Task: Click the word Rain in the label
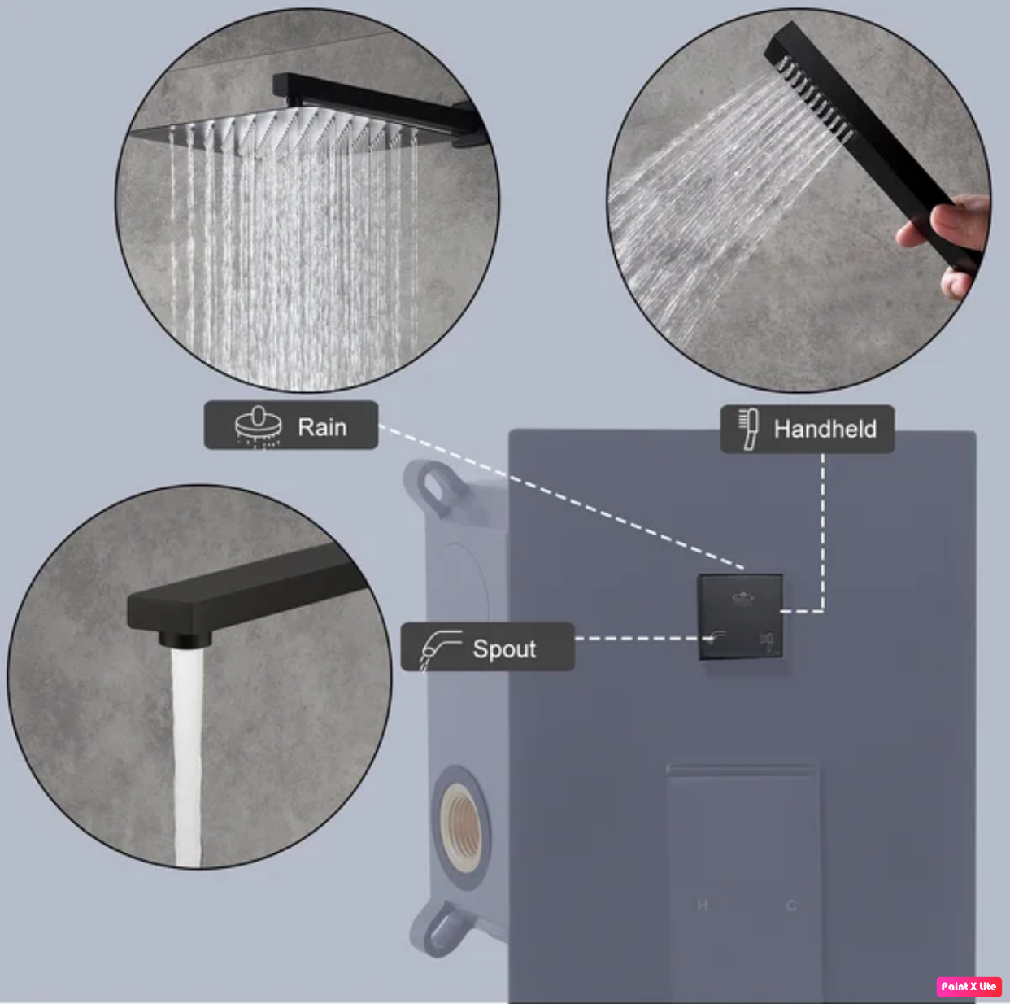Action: (x=322, y=427)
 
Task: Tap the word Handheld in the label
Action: (x=825, y=429)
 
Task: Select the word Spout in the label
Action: (x=504, y=648)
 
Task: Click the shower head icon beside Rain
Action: (x=258, y=426)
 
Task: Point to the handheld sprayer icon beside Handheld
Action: (x=748, y=429)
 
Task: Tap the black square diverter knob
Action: (x=740, y=617)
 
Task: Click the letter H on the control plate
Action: (x=703, y=905)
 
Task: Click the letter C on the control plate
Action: (x=790, y=905)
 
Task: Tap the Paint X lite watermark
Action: (x=968, y=986)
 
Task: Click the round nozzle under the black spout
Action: (x=185, y=639)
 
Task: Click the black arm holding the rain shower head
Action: (x=374, y=102)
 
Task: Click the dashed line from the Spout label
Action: (x=638, y=639)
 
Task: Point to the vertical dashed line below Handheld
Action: (x=823, y=529)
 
